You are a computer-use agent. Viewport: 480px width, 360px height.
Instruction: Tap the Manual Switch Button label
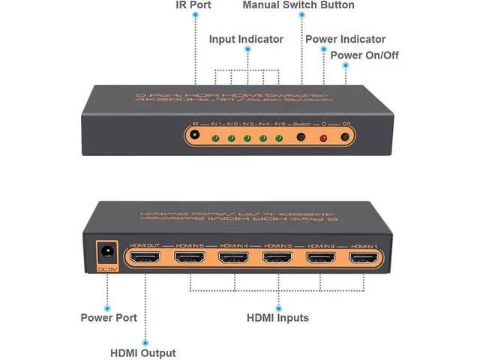[298, 5]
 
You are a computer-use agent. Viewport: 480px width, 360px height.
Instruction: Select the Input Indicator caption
[246, 38]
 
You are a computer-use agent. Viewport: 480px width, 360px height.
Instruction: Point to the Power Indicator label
[345, 39]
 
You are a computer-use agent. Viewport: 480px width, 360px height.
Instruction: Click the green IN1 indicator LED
[214, 139]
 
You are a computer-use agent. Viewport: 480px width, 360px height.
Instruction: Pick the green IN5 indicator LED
[279, 139]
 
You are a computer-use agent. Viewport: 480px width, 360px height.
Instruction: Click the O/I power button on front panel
[345, 138]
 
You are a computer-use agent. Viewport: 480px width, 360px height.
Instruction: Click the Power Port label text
[109, 318]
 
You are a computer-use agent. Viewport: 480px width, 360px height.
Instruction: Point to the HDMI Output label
[142, 352]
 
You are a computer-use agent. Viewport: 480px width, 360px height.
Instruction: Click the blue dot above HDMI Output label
[142, 336]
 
